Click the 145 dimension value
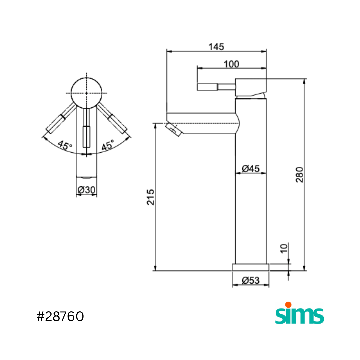[216, 47]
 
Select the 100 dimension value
[231, 64]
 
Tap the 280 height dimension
[299, 175]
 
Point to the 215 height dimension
[151, 197]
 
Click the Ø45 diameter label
[251, 169]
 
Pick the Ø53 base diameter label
[251, 280]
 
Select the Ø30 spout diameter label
[87, 190]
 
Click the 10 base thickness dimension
[284, 248]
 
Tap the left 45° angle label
[65, 145]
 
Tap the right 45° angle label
[108, 145]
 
